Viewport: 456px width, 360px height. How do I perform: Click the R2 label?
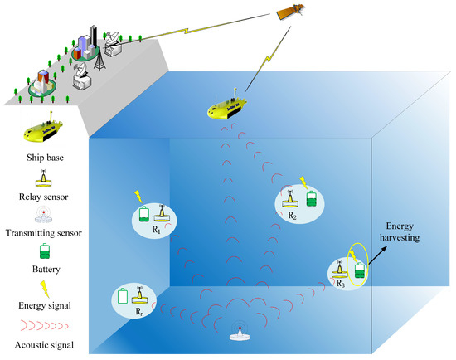coord(291,215)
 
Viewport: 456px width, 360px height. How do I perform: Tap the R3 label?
coord(341,283)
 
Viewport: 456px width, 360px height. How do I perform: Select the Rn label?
coord(137,314)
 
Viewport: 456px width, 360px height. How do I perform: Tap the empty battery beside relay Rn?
coord(124,295)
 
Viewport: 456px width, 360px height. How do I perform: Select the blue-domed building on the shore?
coord(40,85)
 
